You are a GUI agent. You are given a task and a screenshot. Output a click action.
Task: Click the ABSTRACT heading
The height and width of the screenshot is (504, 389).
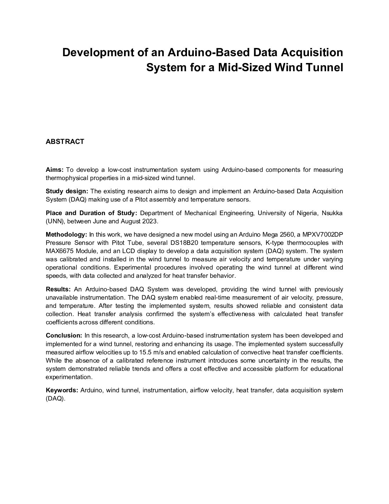point(65,141)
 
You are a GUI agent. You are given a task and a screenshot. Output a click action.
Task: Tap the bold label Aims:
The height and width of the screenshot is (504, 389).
point(55,169)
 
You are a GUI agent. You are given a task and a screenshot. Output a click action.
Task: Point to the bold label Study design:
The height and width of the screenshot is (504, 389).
point(67,191)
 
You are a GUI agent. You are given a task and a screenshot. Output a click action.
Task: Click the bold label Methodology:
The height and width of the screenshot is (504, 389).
point(67,234)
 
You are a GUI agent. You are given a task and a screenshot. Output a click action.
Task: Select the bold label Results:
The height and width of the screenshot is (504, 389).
point(59,289)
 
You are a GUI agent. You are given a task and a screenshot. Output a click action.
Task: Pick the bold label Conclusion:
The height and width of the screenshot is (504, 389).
point(64,335)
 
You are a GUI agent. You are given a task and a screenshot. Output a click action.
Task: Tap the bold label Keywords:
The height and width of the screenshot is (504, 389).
point(62,390)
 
